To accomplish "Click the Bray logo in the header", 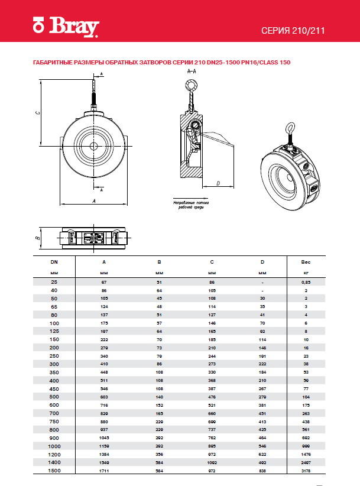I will (x=66, y=28).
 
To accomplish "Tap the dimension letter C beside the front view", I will (x=36, y=112).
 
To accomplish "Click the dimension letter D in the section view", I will (x=218, y=184).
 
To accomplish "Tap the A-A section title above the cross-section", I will (x=192, y=70).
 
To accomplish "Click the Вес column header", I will (x=306, y=261).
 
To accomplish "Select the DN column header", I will (x=54, y=261).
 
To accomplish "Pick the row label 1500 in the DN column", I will (x=54, y=471).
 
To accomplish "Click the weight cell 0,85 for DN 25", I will (x=306, y=283).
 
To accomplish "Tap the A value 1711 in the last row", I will (x=104, y=471).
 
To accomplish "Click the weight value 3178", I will (x=306, y=471).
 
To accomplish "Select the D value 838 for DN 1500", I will (x=262, y=471).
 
